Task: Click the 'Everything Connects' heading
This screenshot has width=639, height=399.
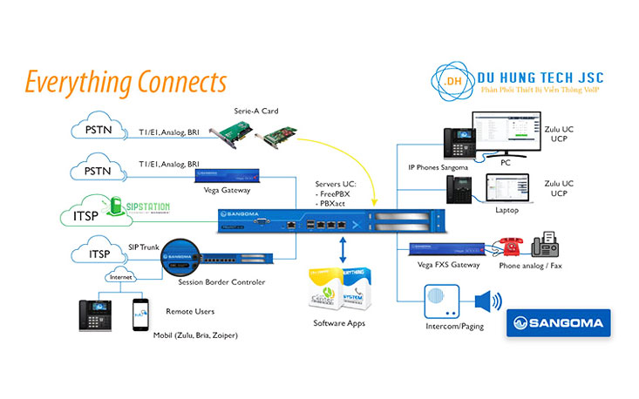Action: point(126,83)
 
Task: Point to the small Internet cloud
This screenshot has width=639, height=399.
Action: point(119,278)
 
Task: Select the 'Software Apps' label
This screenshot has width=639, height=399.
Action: point(338,324)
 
